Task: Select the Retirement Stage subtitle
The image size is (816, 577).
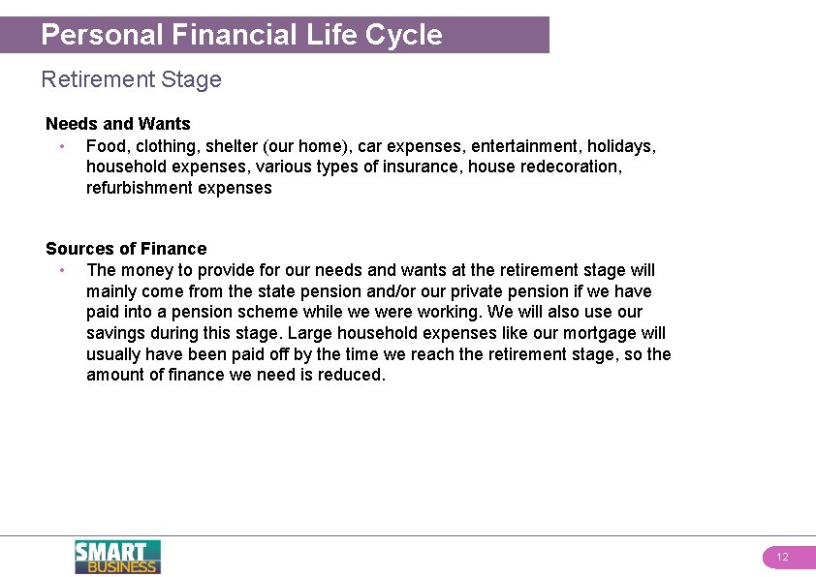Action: point(131,79)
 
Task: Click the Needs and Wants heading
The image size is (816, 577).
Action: point(118,124)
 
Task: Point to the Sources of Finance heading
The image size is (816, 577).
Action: point(126,249)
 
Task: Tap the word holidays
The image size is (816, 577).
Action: point(621,146)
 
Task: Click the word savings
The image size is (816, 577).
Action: point(115,333)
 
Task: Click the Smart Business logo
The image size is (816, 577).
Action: point(117,557)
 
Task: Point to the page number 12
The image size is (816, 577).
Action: point(783,558)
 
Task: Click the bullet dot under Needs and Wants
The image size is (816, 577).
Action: point(61,147)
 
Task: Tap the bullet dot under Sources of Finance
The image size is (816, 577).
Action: point(61,271)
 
